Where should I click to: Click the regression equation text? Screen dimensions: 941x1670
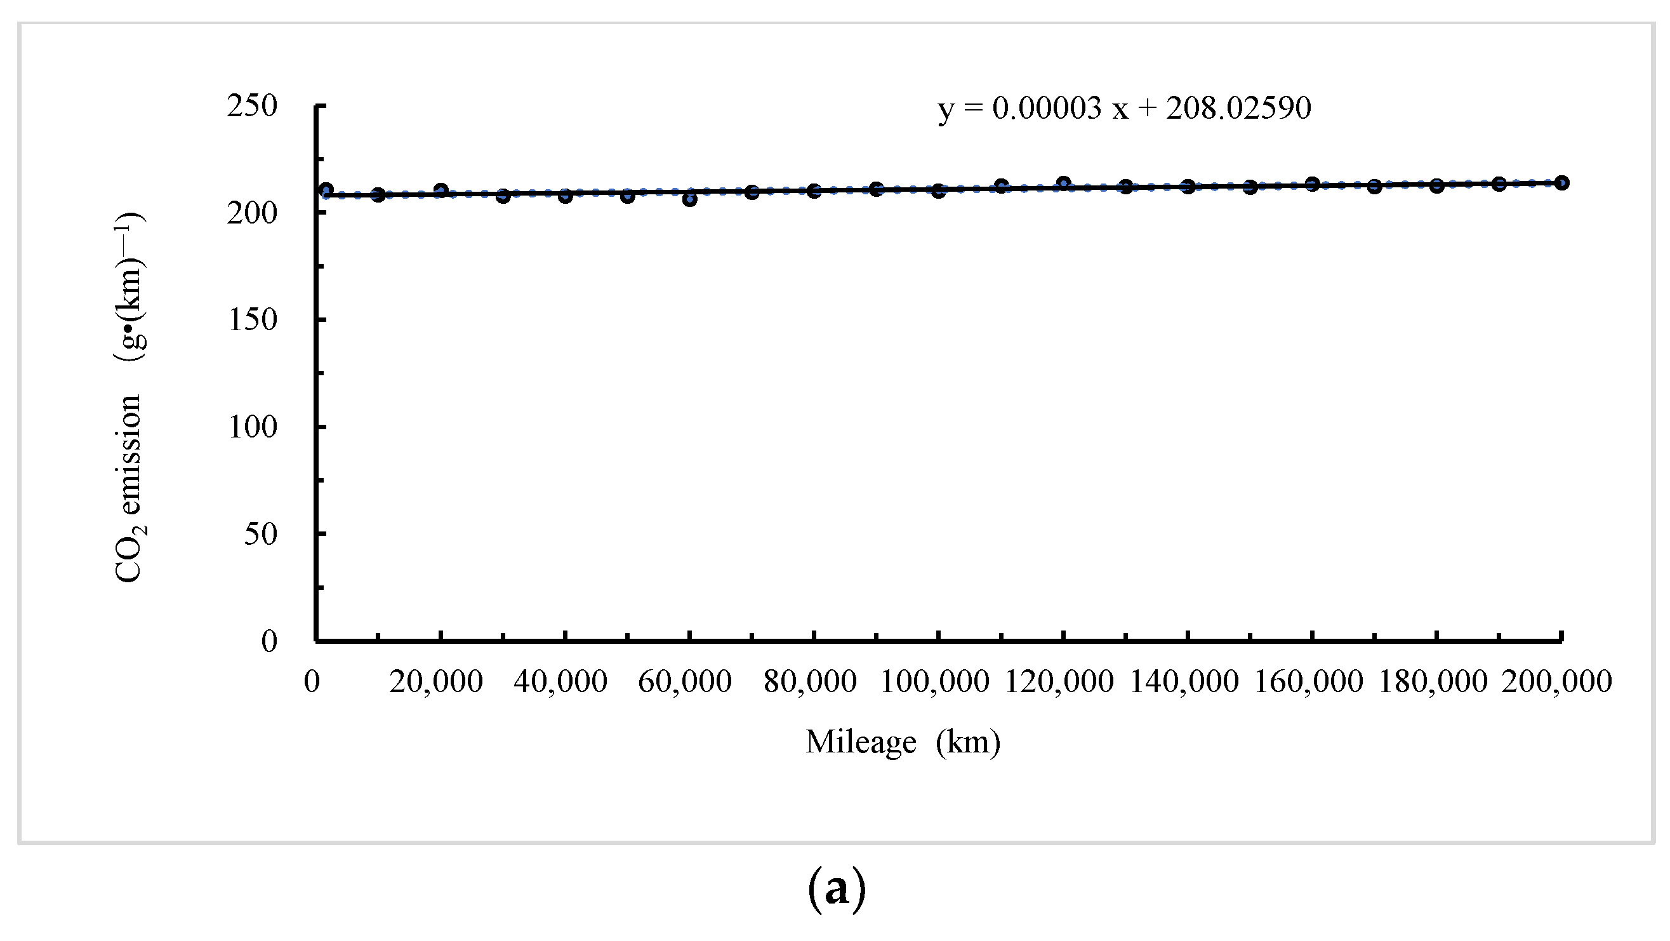coord(1124,109)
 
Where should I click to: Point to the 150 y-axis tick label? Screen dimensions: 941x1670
coord(253,320)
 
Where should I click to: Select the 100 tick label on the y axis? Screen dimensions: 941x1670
coord(253,427)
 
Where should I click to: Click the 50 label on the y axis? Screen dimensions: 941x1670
coord(261,534)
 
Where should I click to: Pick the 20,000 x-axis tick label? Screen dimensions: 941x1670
coord(435,681)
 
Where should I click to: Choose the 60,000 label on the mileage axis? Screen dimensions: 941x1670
coord(685,681)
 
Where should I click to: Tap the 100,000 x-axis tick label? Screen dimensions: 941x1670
coord(934,681)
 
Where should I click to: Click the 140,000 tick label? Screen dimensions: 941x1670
coord(1184,681)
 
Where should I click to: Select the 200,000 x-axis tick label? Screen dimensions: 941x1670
coord(1556,681)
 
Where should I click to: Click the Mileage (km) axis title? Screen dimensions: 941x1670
coord(903,742)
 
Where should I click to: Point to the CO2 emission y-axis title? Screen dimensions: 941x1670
coord(129,397)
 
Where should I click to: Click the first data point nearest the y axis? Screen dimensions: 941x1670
coord(326,190)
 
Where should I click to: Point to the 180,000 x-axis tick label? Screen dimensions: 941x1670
coord(1433,681)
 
